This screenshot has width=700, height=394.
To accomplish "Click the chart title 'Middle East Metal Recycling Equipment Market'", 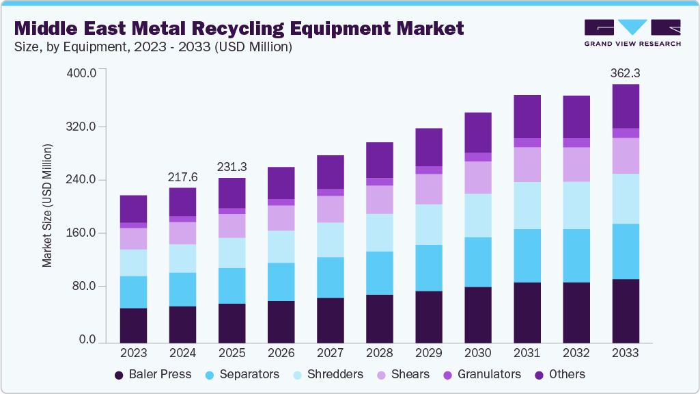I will [x=239, y=28].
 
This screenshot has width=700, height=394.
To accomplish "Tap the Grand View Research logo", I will [x=632, y=33].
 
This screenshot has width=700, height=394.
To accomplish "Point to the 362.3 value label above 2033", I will [x=625, y=73].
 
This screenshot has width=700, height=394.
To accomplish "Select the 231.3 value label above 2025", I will [x=232, y=166].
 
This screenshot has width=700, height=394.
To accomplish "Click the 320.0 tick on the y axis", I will [x=84, y=127].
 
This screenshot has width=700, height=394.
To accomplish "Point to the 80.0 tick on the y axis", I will [x=87, y=287].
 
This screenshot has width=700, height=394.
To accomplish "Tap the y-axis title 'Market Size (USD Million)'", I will [x=47, y=205].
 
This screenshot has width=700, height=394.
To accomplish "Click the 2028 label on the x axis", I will [x=379, y=354].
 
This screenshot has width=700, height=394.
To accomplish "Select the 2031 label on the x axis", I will [x=527, y=354].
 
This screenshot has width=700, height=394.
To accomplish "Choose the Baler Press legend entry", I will [x=153, y=374].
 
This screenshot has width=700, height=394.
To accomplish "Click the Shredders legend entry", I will [x=328, y=374].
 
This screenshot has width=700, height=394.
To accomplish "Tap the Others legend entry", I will [x=559, y=374].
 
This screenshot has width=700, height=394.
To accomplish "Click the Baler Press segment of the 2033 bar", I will [x=625, y=311].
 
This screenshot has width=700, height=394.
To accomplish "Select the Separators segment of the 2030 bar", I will [x=477, y=262].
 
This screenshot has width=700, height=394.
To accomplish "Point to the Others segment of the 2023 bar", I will [x=133, y=209].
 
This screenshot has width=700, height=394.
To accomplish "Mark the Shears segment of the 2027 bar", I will [x=330, y=209].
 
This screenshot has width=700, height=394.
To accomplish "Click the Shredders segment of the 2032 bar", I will [x=576, y=205].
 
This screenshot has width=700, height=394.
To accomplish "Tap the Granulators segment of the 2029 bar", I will [x=428, y=170].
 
